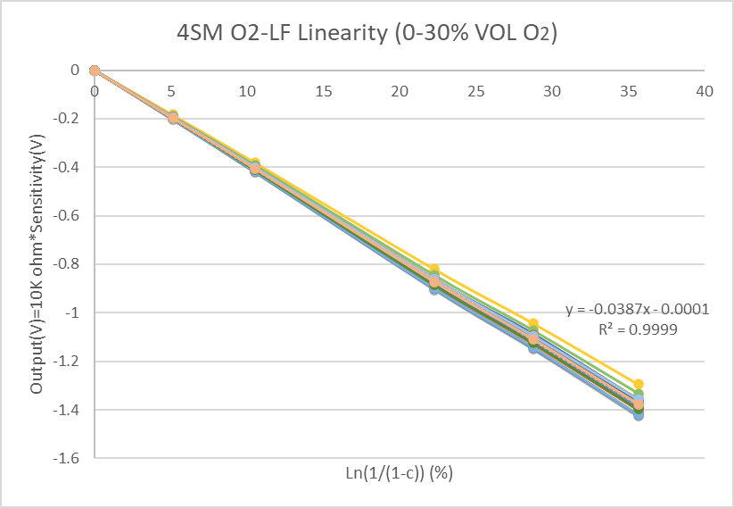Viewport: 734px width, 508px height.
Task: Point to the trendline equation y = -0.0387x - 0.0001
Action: point(637,310)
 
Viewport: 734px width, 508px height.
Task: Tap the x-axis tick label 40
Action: point(705,91)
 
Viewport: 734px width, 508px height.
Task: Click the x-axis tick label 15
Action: point(324,91)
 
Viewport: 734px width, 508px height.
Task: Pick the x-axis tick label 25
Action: point(476,91)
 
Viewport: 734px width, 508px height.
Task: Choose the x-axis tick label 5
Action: point(171,91)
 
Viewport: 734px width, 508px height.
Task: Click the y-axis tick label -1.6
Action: point(70,459)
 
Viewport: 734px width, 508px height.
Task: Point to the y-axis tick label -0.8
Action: point(70,264)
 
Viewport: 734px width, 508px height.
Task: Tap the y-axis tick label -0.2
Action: point(70,119)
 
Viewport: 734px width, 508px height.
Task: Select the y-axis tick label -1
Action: point(76,313)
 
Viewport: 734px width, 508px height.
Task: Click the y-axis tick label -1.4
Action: point(70,411)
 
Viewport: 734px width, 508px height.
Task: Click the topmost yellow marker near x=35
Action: point(638,384)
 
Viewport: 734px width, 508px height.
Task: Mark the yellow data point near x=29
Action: point(533,323)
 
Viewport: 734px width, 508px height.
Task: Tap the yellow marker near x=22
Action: point(434,269)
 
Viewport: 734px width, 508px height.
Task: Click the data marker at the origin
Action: point(95,71)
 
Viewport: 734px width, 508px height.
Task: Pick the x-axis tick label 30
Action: point(552,91)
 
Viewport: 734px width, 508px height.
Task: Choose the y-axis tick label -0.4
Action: point(70,167)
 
